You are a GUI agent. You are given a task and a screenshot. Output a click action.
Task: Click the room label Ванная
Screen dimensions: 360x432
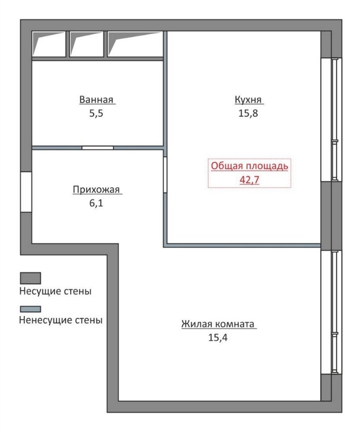coord(96,99)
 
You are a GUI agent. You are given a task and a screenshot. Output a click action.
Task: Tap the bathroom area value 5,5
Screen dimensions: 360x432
coord(96,113)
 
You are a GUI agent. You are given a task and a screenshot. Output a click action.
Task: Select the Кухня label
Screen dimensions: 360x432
coord(248,99)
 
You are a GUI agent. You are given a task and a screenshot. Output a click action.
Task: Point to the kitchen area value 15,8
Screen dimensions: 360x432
coord(248,113)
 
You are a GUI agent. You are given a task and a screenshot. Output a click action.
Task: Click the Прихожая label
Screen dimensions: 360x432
coord(96,190)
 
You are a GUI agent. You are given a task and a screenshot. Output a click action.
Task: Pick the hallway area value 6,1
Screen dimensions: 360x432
coord(96,203)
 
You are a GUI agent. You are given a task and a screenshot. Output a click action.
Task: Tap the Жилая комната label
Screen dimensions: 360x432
coord(218,324)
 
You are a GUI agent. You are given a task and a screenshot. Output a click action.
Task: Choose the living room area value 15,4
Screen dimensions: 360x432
coord(218,337)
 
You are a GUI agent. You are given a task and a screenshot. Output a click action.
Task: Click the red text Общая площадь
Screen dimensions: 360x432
coord(249,166)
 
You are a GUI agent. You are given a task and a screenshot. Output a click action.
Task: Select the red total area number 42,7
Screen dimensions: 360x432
coord(249,180)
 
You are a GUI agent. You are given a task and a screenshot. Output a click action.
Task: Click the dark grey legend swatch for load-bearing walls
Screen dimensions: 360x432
coord(30,278)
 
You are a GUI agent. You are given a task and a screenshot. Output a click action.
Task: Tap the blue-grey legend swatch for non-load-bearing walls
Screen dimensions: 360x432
coord(30,309)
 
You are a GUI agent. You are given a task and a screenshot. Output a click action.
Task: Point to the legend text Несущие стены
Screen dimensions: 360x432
coord(55,291)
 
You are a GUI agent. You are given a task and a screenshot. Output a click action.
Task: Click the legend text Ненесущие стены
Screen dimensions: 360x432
coord(61,320)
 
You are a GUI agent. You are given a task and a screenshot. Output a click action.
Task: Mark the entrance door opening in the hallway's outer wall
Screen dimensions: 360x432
coord(26,192)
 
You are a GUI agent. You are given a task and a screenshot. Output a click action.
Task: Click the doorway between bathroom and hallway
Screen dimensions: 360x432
coord(98,148)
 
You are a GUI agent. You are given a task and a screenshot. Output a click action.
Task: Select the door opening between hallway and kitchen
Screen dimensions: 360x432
coord(165,175)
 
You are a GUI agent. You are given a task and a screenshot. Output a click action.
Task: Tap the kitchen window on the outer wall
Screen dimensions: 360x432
coord(331,120)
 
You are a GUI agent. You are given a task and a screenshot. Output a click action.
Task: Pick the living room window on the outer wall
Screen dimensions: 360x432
coord(331,312)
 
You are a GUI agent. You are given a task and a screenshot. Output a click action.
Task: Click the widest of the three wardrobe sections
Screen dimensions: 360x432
coord(135,44)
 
